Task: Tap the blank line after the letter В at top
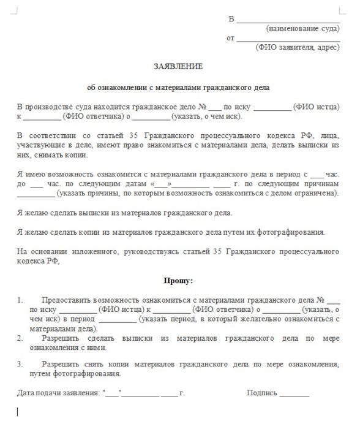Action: pyautogui.click(x=287, y=20)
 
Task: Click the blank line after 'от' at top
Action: pyautogui.click(x=287, y=39)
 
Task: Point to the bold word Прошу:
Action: pyautogui.click(x=178, y=281)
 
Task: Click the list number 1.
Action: pyautogui.click(x=20, y=300)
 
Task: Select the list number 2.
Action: pyautogui.click(x=20, y=338)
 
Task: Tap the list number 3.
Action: pyautogui.click(x=20, y=364)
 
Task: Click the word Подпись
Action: pyautogui.click(x=262, y=392)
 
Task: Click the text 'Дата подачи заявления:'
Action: pyautogui.click(x=59, y=392)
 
